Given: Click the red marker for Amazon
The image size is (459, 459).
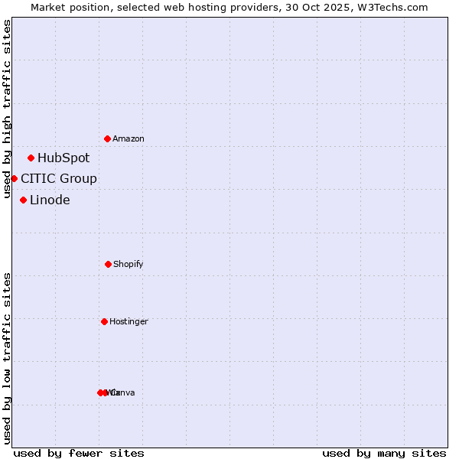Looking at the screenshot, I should coord(108,138).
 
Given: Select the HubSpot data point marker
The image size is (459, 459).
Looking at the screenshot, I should coord(31,158).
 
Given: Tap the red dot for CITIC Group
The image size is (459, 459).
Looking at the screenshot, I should coord(14,178).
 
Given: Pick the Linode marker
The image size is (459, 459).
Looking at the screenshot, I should coord(24,200).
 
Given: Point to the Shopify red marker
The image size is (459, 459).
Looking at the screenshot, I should coord(108,264).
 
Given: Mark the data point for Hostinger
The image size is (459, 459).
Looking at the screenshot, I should coord(105,321).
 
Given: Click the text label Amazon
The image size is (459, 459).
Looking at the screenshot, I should coord(129,139).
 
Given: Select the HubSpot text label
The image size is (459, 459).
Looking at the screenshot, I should coord(63,158).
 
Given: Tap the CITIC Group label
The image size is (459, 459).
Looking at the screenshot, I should coord(59,179).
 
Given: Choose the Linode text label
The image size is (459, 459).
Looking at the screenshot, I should coord(50,200).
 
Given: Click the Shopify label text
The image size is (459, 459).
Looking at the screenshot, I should coord(129,265).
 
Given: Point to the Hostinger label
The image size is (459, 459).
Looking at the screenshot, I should coord(129,322).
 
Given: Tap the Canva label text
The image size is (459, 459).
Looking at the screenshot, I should coord(123,393).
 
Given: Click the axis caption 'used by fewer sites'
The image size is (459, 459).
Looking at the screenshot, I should coord(79,453).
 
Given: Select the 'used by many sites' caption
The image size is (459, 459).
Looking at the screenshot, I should coord(384,453).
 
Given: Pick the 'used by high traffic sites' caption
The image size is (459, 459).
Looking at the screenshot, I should coord(8,109).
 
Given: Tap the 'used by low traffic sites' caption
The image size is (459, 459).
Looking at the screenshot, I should coord(8,358).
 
